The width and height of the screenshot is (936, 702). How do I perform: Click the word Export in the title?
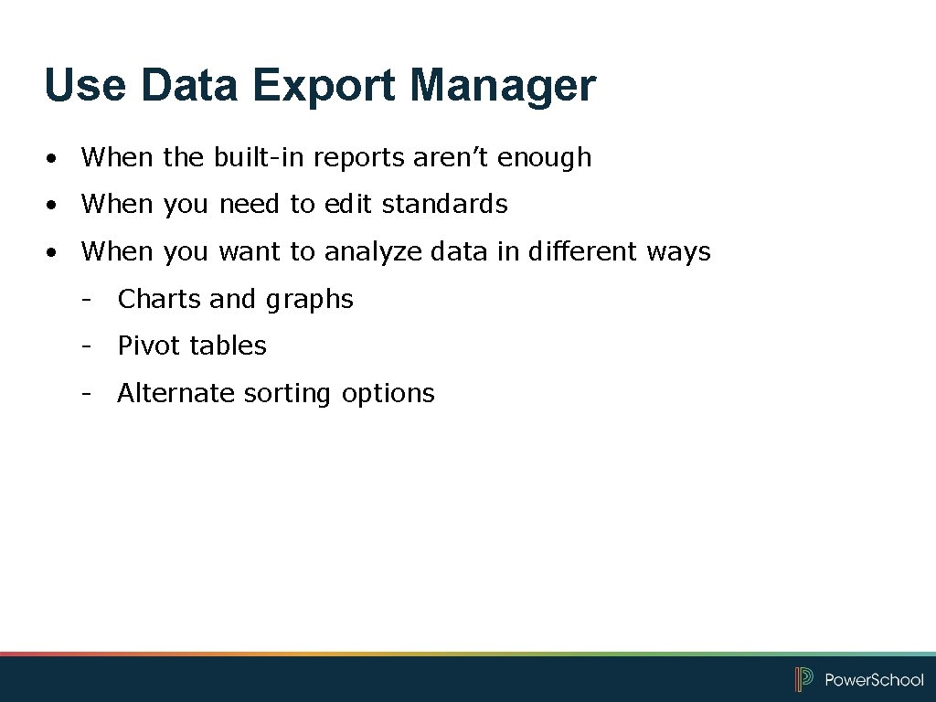(324, 86)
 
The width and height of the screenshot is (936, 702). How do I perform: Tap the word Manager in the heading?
(503, 86)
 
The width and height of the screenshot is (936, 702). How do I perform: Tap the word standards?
(445, 204)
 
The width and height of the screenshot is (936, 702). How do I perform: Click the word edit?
(349, 204)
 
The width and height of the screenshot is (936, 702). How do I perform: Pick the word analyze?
(369, 252)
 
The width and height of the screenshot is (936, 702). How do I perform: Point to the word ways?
(677, 252)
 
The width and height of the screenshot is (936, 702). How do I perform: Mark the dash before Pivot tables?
(86, 346)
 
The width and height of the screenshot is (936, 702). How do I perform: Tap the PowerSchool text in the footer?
(874, 679)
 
